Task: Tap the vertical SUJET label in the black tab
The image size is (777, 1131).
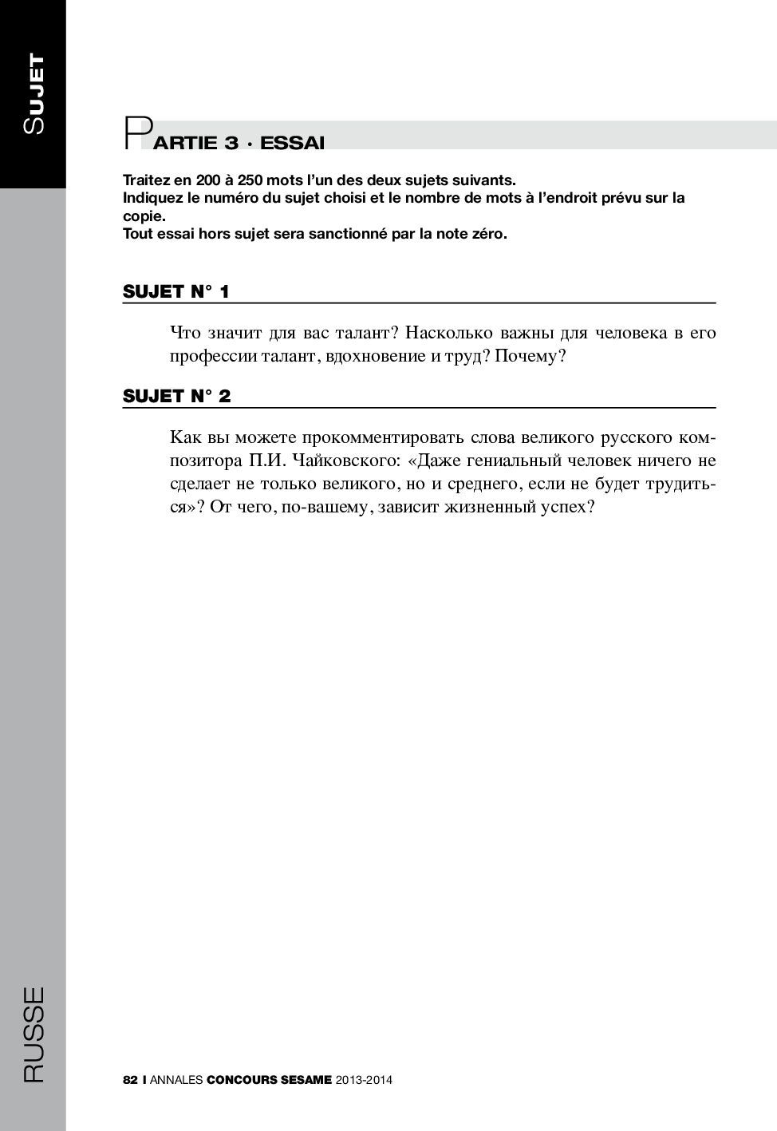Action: [x=34, y=93]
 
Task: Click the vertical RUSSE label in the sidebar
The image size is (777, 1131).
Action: [x=34, y=1034]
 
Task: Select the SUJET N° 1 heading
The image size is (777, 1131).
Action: [x=176, y=291]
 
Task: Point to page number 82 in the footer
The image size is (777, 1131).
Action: [x=131, y=1080]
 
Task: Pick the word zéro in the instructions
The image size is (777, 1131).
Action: [x=488, y=234]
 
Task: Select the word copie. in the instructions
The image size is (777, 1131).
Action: [x=144, y=216]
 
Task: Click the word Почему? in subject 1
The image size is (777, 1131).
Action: [x=530, y=356]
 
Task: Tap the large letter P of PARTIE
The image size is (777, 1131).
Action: [x=136, y=134]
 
